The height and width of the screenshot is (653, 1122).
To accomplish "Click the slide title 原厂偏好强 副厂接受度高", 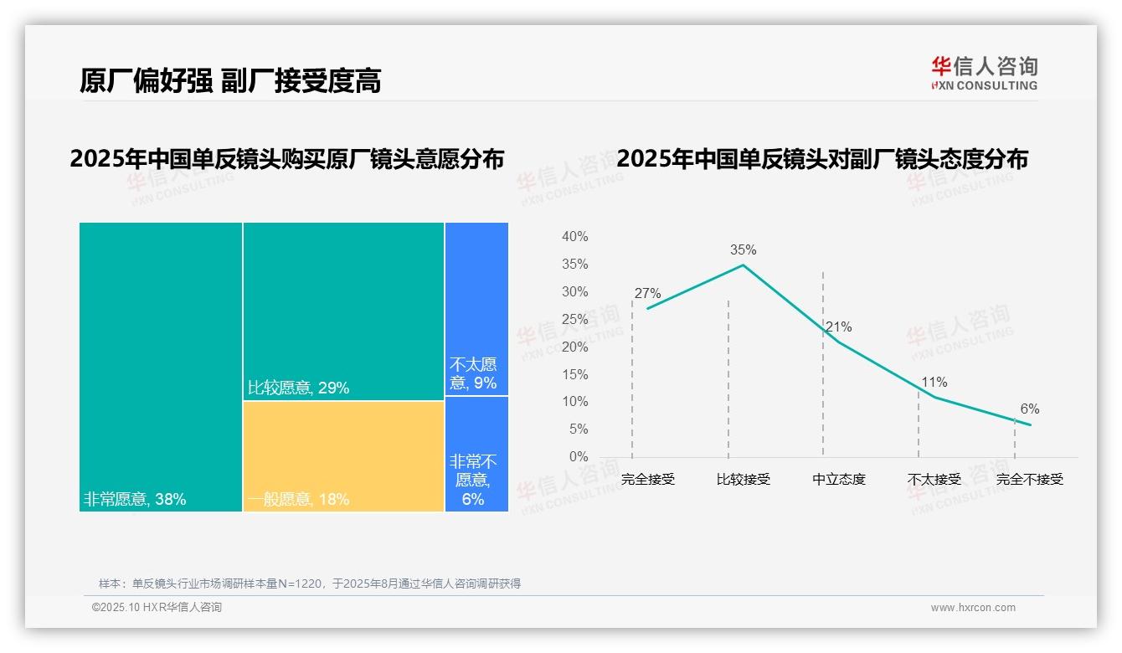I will (230, 80).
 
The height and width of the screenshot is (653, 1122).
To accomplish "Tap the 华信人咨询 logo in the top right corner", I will (984, 74).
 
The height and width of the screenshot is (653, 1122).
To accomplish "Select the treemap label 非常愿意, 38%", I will (135, 500).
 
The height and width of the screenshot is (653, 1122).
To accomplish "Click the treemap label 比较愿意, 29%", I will (299, 388).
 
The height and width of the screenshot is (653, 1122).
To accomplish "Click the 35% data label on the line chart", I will (743, 249).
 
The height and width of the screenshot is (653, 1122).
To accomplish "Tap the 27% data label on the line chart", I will (647, 294).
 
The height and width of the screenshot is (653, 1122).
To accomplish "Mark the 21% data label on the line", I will (838, 327).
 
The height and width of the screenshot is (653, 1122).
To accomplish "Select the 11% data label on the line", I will (934, 383).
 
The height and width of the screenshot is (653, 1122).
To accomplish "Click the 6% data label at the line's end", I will (1029, 409).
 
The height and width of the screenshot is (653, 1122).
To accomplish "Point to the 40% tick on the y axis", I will (574, 237).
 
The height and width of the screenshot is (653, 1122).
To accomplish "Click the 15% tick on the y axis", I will (574, 374).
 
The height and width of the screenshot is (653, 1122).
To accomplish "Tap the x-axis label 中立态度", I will (838, 480).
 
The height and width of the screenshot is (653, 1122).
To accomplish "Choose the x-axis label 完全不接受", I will (1029, 480).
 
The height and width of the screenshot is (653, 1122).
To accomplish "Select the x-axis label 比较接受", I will (743, 480).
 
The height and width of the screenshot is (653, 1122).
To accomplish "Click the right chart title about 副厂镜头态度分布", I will (821, 159).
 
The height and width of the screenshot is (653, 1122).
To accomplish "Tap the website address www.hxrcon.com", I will (973, 608).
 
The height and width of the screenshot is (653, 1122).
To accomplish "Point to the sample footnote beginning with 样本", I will (310, 584).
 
